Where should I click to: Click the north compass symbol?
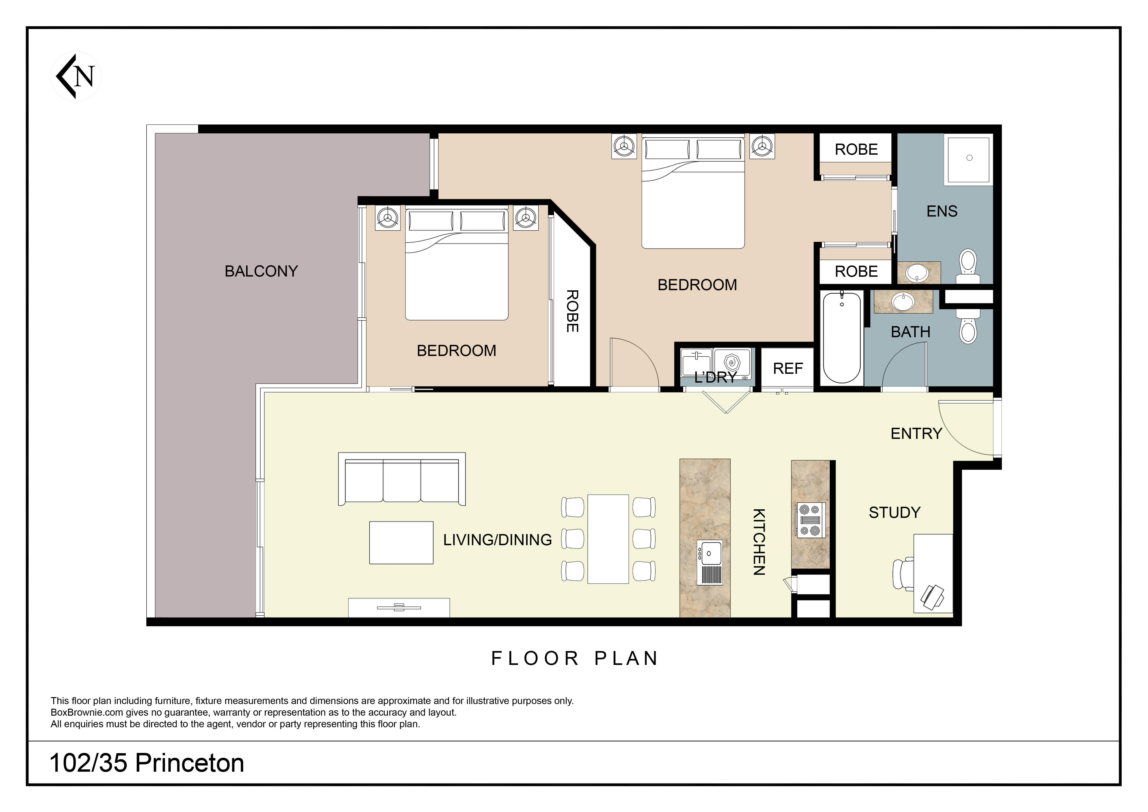point(76,76)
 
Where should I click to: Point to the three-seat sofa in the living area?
point(402,479)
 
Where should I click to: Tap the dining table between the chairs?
point(608,539)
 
